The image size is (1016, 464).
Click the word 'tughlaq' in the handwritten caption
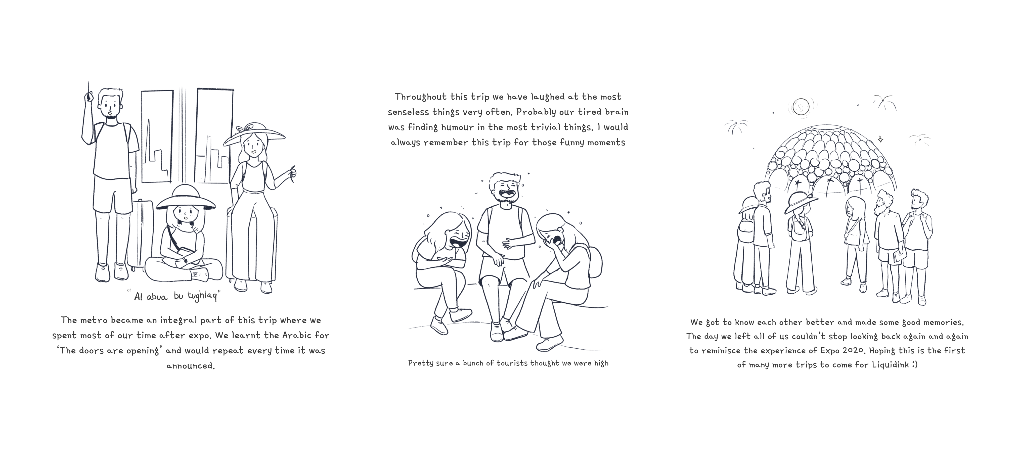(x=202, y=296)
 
